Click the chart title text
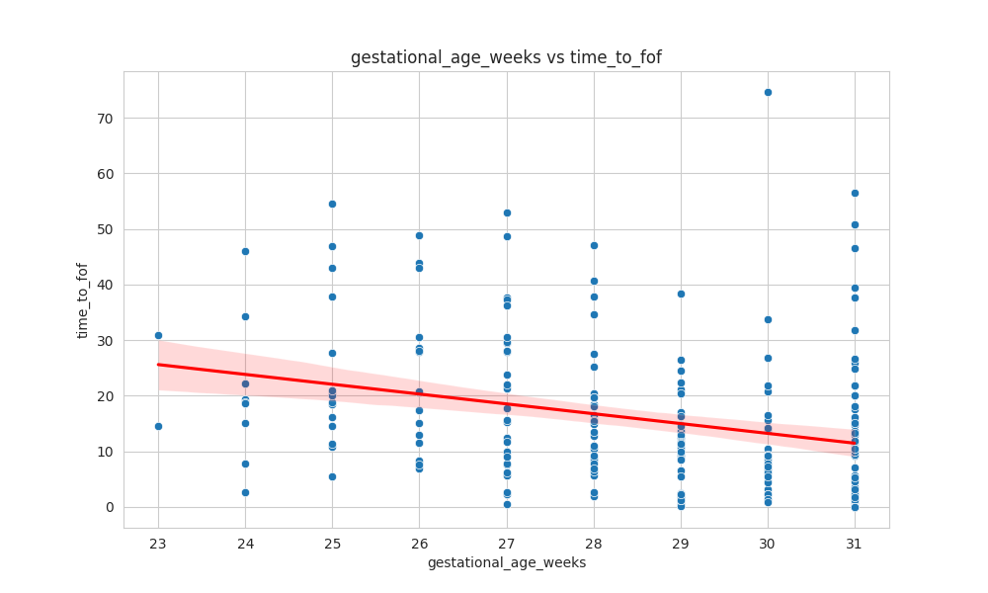[x=506, y=57]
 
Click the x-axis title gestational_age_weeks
[x=506, y=562]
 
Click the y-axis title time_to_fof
[x=83, y=300]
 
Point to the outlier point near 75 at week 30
[x=768, y=92]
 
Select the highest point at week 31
[x=855, y=193]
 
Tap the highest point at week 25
[x=332, y=204]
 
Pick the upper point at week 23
[x=158, y=335]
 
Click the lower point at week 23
[x=158, y=426]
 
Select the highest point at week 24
[x=245, y=251]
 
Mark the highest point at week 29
[x=681, y=294]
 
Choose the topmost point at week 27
[x=507, y=212]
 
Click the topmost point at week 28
[x=594, y=245]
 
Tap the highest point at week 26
[x=419, y=235]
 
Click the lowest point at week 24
[x=245, y=492]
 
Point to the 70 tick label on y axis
[x=105, y=119]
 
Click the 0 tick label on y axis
[x=110, y=507]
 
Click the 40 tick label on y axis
[x=105, y=285]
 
